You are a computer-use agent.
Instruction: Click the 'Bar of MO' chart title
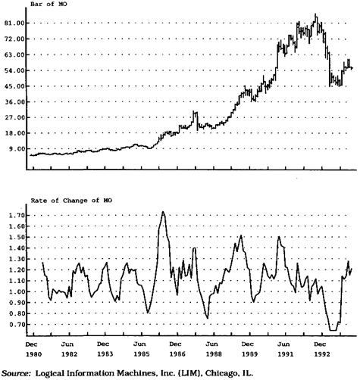click(x=49, y=4)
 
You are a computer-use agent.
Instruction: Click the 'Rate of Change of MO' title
click(x=71, y=201)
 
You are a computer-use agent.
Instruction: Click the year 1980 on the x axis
click(x=33, y=354)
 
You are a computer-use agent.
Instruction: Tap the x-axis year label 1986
click(x=177, y=354)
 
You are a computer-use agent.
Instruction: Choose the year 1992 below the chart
click(x=322, y=354)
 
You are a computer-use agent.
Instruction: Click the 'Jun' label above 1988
click(x=211, y=344)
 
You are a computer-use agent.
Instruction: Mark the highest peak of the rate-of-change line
click(x=163, y=211)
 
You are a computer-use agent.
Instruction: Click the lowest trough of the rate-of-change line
click(x=333, y=330)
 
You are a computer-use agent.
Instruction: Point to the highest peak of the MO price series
click(x=315, y=14)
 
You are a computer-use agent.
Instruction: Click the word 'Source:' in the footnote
click(x=16, y=373)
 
